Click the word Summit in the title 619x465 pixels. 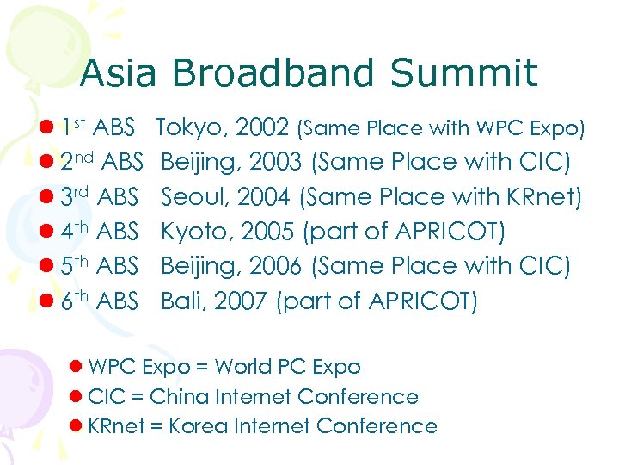click(463, 73)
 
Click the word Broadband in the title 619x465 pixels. click(273, 73)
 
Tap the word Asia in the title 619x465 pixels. click(118, 73)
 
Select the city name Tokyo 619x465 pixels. click(188, 128)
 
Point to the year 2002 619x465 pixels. click(261, 128)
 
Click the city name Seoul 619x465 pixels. click(193, 197)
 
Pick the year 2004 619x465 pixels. click(264, 197)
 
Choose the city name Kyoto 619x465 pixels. click(194, 232)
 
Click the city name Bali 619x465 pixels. click(181, 301)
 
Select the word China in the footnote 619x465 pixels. click(176, 396)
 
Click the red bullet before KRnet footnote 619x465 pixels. click(75, 426)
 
